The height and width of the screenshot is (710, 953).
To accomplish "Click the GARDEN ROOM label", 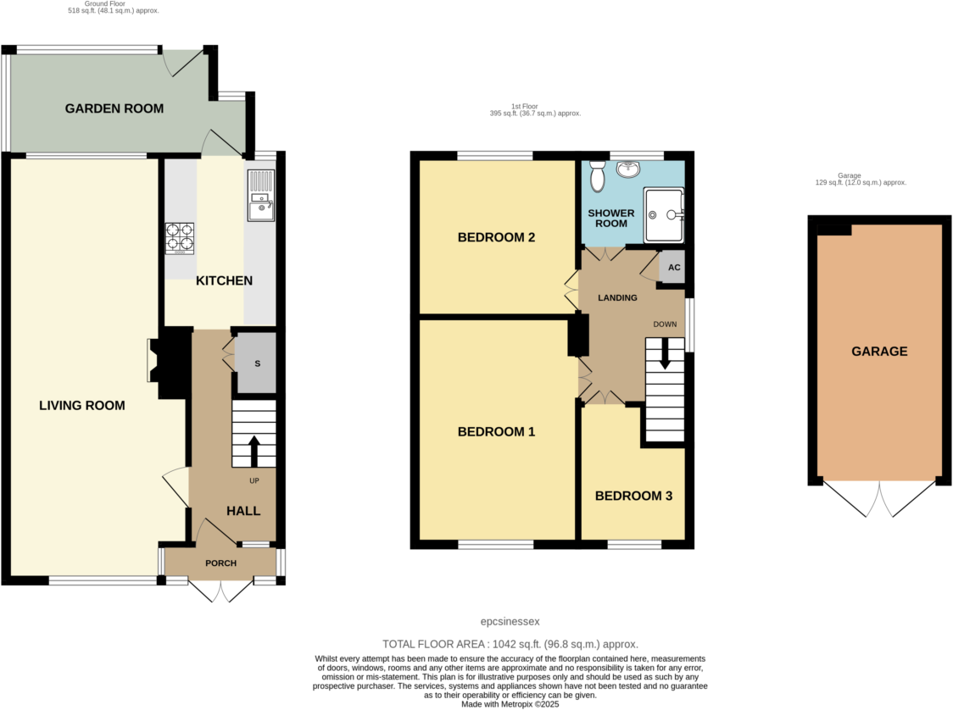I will click(114, 108).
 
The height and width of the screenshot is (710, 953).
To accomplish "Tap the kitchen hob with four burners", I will click(179, 238).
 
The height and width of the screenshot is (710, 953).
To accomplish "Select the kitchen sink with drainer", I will click(260, 196).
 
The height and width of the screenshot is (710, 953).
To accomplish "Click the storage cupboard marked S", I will click(257, 363).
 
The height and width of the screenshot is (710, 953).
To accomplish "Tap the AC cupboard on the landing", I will click(673, 268).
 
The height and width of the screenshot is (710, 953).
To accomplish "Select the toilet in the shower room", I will click(597, 175).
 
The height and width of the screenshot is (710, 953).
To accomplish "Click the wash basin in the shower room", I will click(627, 170).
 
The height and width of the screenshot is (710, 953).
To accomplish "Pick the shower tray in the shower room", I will click(664, 215).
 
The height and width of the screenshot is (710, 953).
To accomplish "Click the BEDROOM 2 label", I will click(496, 237).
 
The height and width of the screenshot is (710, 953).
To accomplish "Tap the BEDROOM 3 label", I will click(633, 496).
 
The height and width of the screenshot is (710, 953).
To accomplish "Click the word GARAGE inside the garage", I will click(878, 351).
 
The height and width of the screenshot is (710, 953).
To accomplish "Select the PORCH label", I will click(220, 563).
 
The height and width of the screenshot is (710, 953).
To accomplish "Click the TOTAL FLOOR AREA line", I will click(510, 644).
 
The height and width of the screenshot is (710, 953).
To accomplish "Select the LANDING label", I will click(617, 298).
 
